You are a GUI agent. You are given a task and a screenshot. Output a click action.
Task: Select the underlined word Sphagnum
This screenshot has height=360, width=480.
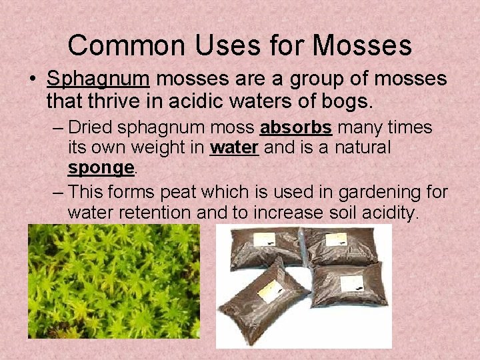(x=98, y=79)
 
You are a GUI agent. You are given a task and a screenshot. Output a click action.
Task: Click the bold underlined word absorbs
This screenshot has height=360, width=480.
(x=295, y=127)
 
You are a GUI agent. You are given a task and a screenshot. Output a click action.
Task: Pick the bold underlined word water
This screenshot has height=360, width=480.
(x=234, y=147)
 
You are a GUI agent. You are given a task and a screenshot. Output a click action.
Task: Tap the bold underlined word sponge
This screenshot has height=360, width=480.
(x=101, y=167)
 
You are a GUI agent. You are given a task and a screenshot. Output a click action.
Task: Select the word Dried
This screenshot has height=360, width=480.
(x=91, y=127)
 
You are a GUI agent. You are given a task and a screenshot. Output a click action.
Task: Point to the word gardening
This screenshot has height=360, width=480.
(x=375, y=193)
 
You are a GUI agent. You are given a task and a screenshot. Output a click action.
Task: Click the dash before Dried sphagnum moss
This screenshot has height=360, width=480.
(x=58, y=127)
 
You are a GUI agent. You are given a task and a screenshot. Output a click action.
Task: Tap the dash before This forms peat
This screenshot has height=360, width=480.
(x=58, y=193)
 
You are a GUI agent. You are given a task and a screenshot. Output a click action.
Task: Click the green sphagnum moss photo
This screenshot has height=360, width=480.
(x=113, y=281)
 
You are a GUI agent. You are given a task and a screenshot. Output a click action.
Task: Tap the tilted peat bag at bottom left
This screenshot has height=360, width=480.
(x=263, y=300)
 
